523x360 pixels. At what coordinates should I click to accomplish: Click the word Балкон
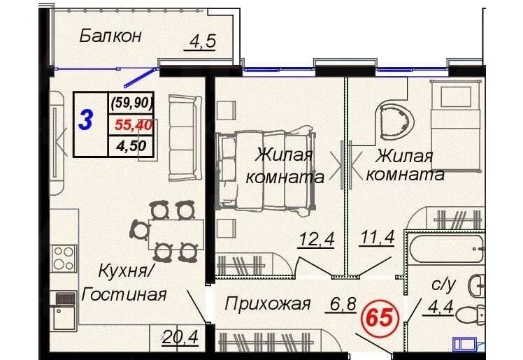pos(110,36)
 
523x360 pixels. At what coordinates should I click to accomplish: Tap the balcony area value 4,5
pos(202,41)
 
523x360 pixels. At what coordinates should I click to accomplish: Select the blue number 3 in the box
pos(86,120)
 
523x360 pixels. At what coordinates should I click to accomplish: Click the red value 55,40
pos(134,124)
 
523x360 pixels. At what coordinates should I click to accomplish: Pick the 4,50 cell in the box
pos(131,145)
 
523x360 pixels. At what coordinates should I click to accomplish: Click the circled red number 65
pos(380,317)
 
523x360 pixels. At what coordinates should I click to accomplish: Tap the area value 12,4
pos(316,238)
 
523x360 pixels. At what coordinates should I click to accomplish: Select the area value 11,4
pos(378,238)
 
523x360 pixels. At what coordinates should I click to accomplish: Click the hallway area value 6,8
pos(343,303)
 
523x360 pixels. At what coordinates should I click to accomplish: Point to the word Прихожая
pos(268,303)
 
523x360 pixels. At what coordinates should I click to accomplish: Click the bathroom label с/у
pos(443,285)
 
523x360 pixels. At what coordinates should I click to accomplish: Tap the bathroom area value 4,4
pos(440,307)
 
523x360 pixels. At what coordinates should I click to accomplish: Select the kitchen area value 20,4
pos(180,337)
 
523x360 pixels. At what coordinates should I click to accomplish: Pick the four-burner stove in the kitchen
pos(64,259)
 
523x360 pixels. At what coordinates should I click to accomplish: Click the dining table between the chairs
pos(175,234)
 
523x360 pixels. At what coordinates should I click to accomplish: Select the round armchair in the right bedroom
pos(395,120)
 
